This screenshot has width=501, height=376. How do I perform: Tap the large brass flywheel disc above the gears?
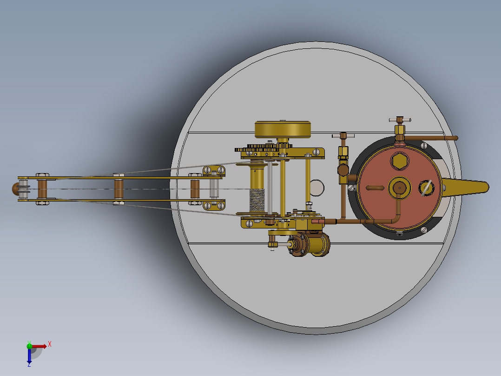(x=283, y=129)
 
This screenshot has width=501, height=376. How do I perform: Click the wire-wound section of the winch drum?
(x=257, y=200)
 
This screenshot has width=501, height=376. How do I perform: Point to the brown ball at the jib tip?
(x=15, y=188)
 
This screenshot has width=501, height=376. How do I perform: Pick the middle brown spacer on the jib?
(x=119, y=188)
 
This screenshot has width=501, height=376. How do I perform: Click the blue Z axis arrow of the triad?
(x=29, y=357)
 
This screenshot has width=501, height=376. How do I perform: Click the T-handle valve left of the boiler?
(x=343, y=136)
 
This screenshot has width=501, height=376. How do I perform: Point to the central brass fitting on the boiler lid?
(x=399, y=187)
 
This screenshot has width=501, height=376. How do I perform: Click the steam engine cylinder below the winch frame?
(x=316, y=244)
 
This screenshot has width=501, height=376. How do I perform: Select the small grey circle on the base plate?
(x=317, y=187)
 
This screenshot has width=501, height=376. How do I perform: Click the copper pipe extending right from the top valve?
(x=432, y=138)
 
